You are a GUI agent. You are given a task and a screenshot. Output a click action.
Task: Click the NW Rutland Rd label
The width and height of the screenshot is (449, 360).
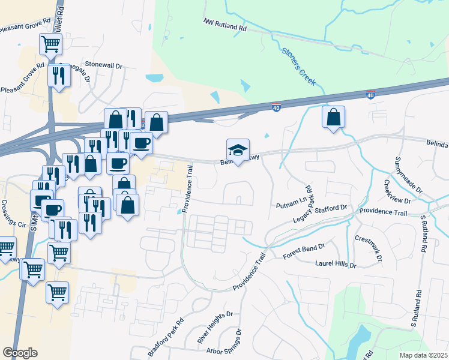(x=225, y=25)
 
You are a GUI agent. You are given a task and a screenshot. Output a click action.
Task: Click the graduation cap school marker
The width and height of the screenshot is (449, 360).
(x=238, y=150)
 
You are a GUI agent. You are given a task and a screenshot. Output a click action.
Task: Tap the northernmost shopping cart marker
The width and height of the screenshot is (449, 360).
(x=51, y=43)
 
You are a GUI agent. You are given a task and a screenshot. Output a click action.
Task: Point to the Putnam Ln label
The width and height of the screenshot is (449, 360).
(x=291, y=205)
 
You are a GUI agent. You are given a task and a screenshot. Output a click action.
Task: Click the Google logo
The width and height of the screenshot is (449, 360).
(x=20, y=352)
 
